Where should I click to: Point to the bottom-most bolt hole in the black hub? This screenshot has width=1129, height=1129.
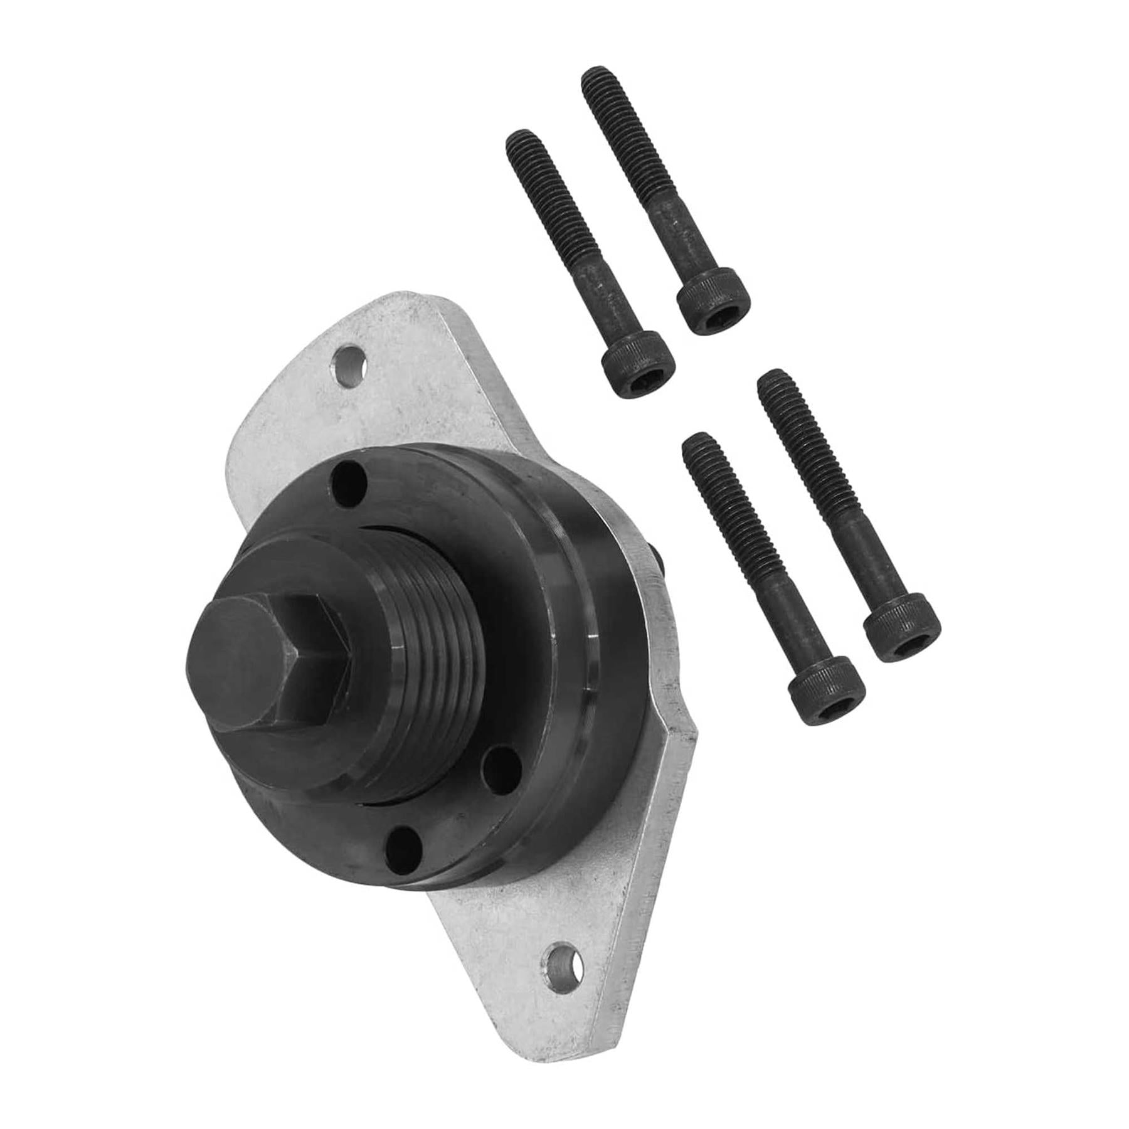click(402, 847)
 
